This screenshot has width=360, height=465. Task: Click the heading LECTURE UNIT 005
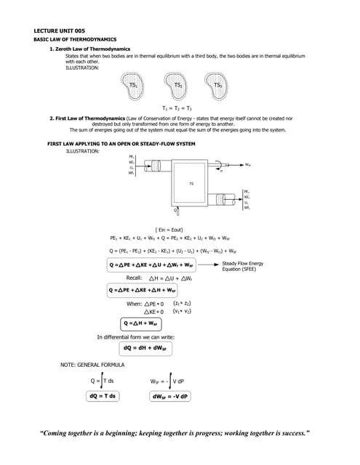pyautogui.click(x=60, y=31)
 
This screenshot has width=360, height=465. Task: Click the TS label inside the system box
pyautogui.click(x=191, y=183)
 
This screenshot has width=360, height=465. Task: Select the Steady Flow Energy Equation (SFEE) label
pyautogui.click(x=244, y=266)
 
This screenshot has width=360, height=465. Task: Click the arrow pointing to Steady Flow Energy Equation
pyautogui.click(x=209, y=265)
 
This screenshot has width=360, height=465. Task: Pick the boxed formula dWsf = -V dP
pyautogui.click(x=170, y=396)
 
